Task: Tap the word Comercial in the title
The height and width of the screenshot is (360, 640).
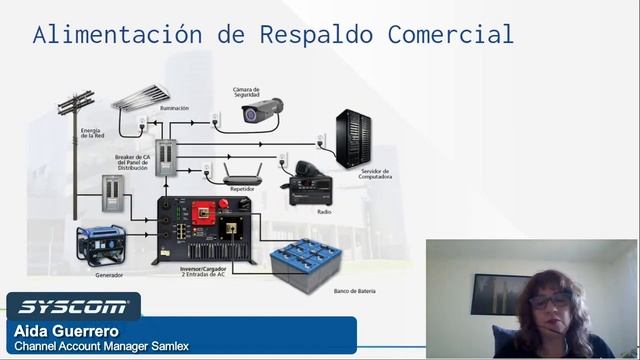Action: tap(447, 35)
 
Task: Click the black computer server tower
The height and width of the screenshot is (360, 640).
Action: tap(354, 138)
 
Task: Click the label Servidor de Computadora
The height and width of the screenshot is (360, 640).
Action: tap(376, 174)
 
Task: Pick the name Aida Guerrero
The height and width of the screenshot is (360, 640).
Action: tap(67, 330)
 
